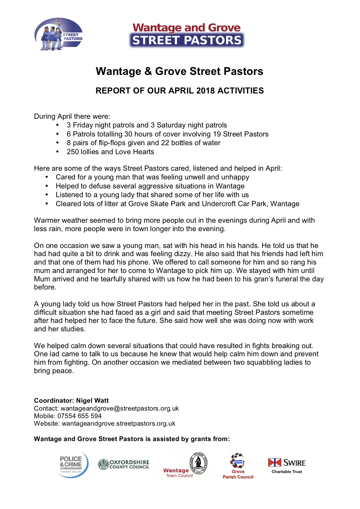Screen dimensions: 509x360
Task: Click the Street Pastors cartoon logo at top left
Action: coord(58,34)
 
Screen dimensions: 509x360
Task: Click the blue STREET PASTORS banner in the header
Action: coord(187,40)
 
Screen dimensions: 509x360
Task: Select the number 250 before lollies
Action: coord(73,152)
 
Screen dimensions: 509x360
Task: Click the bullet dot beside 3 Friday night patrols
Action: coord(58,125)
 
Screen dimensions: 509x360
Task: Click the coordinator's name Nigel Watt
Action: coord(92,401)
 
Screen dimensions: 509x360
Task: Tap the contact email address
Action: coord(120,409)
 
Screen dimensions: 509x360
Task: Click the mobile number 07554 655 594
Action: coord(79,416)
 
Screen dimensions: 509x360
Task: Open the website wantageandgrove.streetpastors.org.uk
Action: coord(118,424)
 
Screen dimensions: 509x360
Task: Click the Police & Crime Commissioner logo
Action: coord(73,465)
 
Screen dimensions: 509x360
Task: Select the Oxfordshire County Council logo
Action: coord(124,464)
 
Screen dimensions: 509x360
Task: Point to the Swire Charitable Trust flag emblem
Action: coord(275,463)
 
